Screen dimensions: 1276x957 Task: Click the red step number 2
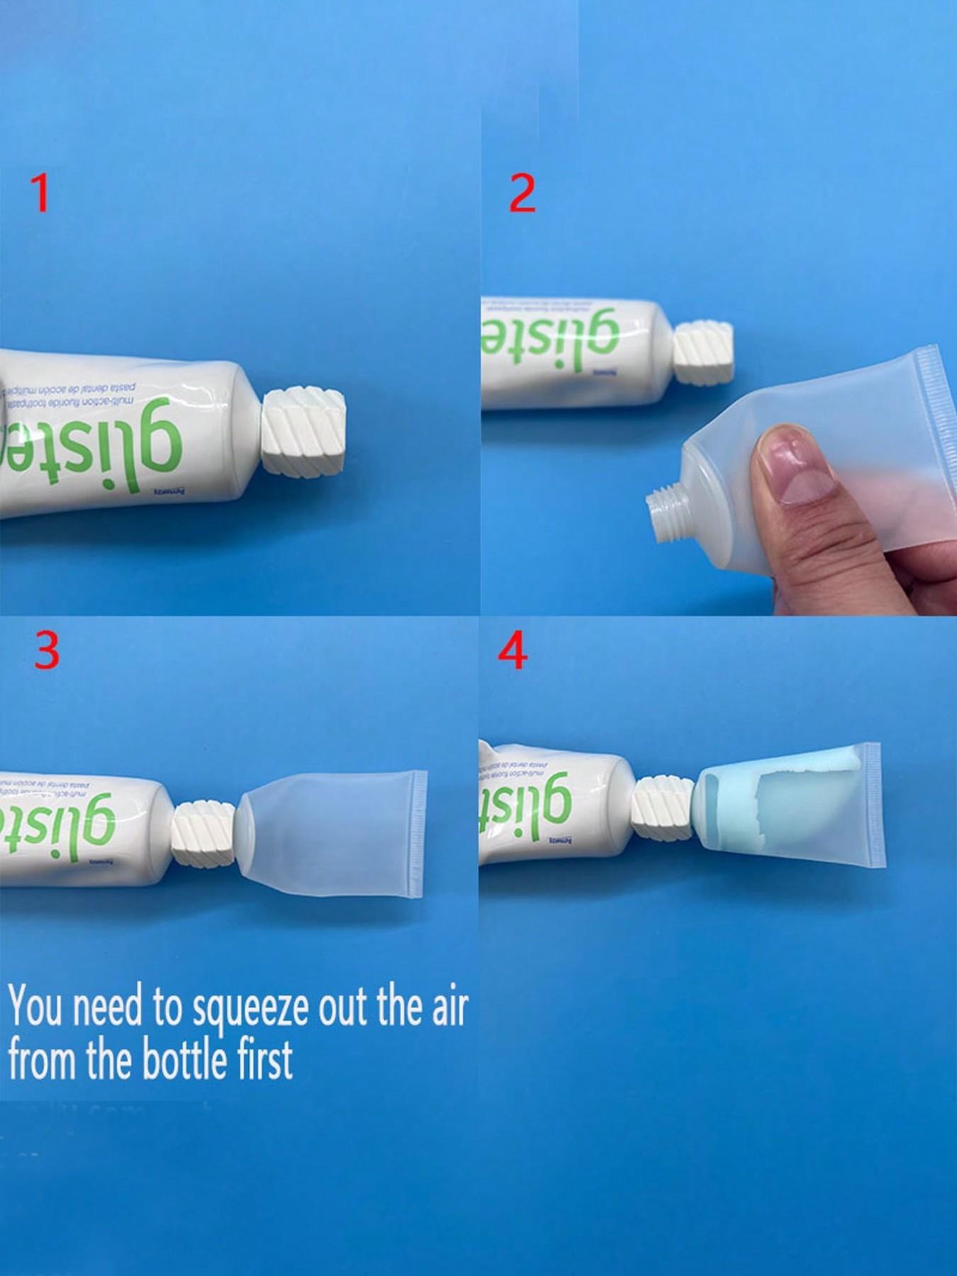pyautogui.click(x=522, y=194)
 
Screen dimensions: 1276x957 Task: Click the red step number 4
pyautogui.click(x=513, y=651)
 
